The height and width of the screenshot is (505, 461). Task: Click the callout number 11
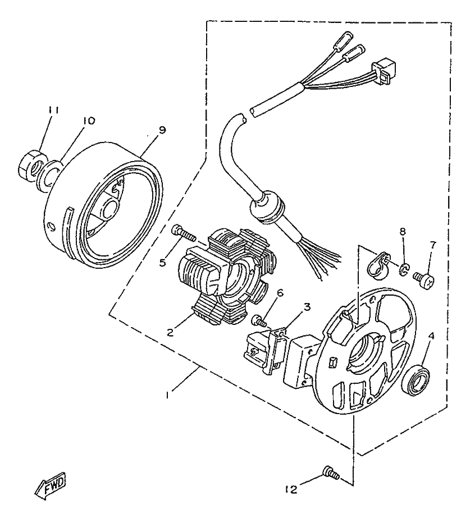click(x=53, y=110)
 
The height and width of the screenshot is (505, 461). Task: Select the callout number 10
click(x=89, y=121)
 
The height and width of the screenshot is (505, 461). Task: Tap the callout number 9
click(x=162, y=130)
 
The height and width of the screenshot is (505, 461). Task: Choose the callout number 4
click(x=431, y=337)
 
